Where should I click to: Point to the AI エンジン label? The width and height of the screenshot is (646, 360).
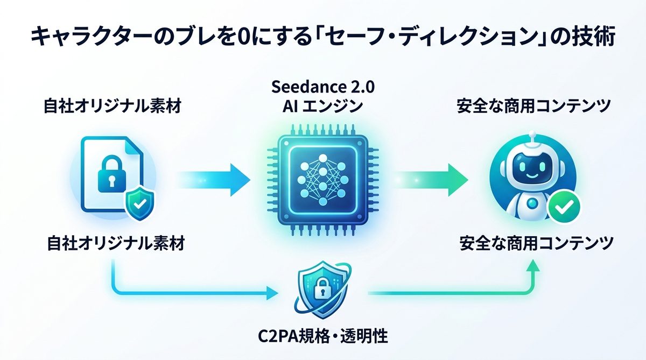click(x=322, y=107)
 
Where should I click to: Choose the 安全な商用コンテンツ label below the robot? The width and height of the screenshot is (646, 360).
click(x=536, y=244)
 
